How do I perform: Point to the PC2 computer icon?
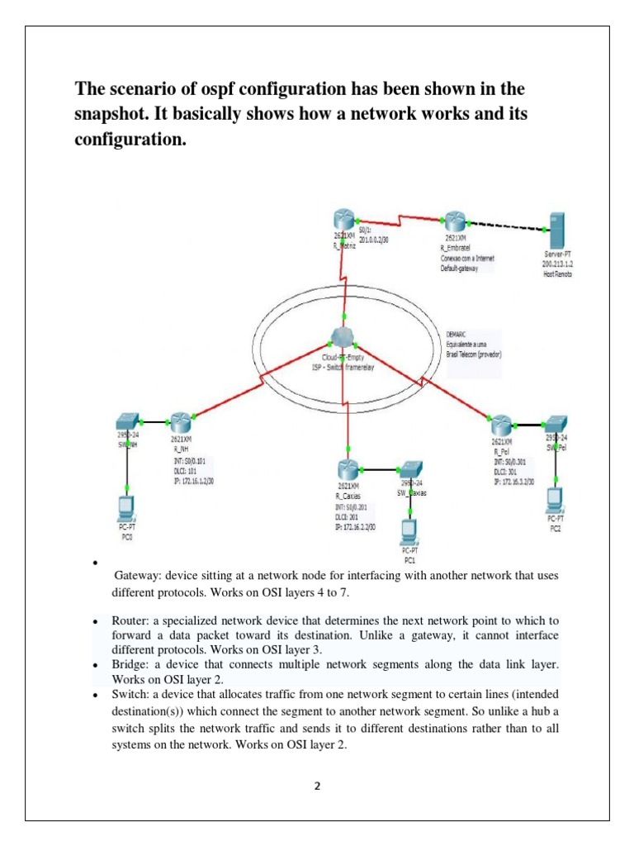[556, 499]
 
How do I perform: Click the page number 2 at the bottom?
[316, 787]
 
